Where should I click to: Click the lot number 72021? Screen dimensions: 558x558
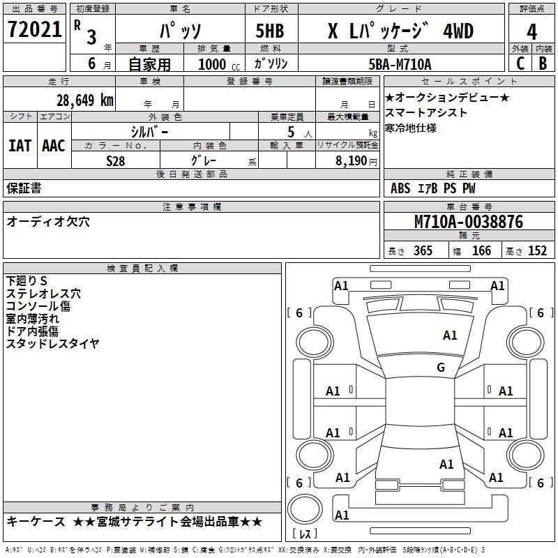(34, 29)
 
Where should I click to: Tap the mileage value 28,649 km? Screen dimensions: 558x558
(85, 100)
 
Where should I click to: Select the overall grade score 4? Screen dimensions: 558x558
(531, 31)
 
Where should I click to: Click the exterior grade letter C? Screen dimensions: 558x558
(520, 63)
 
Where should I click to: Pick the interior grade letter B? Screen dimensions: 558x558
(543, 63)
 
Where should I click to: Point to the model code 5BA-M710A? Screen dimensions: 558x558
(400, 64)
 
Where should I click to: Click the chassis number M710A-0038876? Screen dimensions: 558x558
(469, 222)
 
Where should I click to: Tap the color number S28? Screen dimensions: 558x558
(116, 161)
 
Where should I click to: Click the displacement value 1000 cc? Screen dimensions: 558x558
(219, 64)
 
